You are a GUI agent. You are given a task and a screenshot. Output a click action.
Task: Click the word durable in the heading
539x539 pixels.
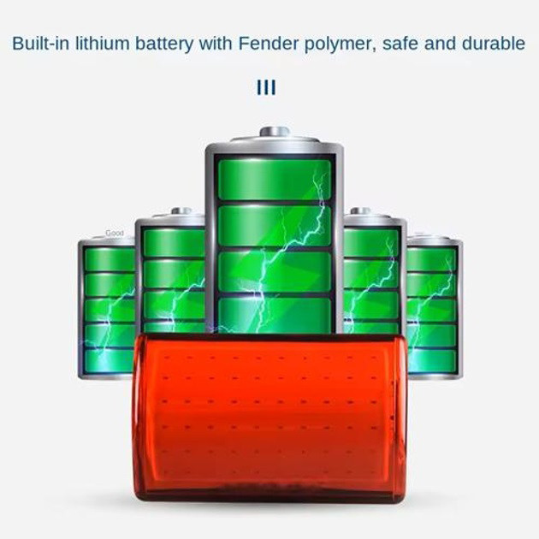point(491,44)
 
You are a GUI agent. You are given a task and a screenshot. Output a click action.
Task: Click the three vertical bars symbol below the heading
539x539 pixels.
point(266,88)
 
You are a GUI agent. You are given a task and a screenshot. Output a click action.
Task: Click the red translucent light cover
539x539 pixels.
point(269,416)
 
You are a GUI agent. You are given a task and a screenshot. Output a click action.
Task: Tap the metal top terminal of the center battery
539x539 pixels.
point(274,133)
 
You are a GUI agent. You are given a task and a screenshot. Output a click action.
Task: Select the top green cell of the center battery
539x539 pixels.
point(274,178)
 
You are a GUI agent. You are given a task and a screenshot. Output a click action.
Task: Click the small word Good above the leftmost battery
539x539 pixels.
point(114,233)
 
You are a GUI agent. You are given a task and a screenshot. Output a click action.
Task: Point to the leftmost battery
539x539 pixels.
point(106,308)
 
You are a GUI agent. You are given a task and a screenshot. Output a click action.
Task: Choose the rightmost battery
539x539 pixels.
point(435,308)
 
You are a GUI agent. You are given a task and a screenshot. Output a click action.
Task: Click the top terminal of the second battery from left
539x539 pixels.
point(181,210)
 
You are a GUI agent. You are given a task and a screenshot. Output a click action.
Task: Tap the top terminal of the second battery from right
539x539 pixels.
point(360,210)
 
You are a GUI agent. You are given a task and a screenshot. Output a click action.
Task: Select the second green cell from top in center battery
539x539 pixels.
point(274,225)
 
